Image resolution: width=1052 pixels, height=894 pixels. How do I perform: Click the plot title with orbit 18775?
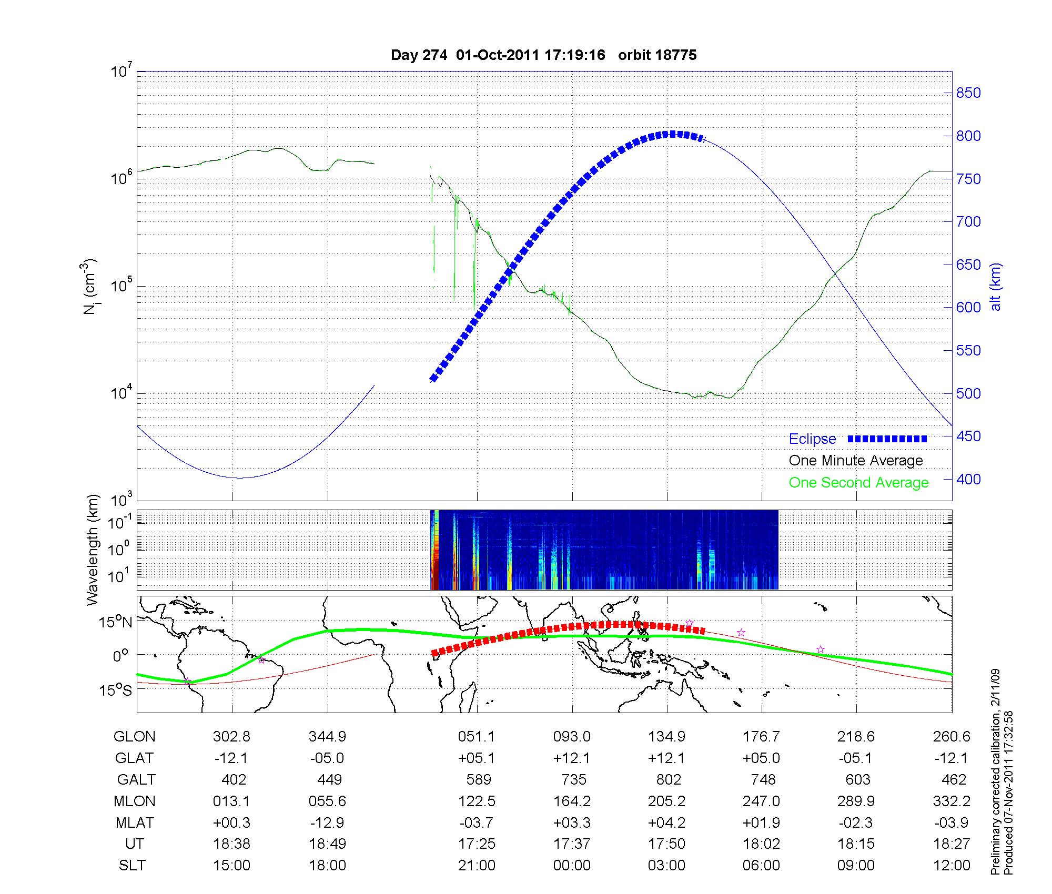(x=543, y=55)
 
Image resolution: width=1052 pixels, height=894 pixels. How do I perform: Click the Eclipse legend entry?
(x=812, y=439)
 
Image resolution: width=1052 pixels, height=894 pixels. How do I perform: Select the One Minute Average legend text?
(x=856, y=461)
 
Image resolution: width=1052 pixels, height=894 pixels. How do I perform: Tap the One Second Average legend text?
(x=858, y=483)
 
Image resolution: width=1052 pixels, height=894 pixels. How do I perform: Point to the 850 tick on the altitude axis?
(x=968, y=93)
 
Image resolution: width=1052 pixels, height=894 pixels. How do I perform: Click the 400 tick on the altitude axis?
(x=968, y=479)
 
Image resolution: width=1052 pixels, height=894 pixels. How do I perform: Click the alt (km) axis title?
(x=996, y=287)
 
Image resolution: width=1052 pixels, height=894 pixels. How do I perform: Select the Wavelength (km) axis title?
(x=93, y=550)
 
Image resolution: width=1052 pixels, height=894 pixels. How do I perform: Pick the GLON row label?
(x=134, y=736)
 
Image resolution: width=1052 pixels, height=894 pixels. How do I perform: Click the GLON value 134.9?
(x=667, y=736)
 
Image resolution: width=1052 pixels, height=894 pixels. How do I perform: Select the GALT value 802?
(x=669, y=779)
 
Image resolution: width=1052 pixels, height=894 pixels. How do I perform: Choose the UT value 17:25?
(x=477, y=844)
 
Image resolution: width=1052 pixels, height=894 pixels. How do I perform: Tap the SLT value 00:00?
(x=572, y=865)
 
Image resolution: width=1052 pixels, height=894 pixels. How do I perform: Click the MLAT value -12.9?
(x=327, y=822)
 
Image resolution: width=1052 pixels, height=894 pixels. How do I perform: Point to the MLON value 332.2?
(x=952, y=801)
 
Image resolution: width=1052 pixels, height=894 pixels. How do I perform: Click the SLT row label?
(x=132, y=865)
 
